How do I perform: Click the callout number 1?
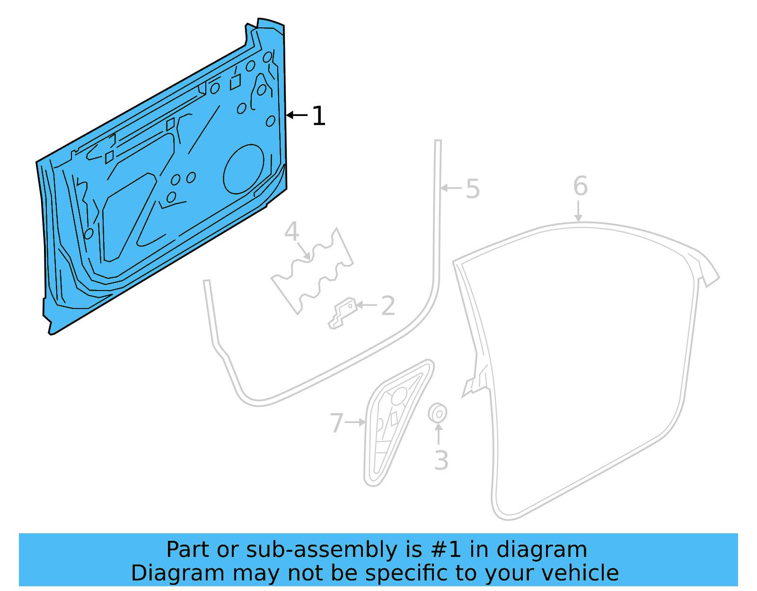(x=319, y=116)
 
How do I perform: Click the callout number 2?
(x=388, y=306)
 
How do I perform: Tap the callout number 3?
(x=441, y=460)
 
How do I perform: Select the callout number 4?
(x=291, y=232)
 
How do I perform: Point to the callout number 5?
(x=473, y=189)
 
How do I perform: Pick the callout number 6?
(x=580, y=186)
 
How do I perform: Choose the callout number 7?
(x=336, y=423)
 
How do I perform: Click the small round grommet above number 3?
(x=438, y=414)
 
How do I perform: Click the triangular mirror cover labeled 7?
(x=395, y=421)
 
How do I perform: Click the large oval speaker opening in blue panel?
(x=244, y=169)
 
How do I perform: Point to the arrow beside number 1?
(x=297, y=115)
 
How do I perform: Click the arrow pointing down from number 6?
(x=578, y=211)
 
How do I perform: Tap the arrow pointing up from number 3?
(x=439, y=433)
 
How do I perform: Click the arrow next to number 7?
(x=355, y=422)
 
